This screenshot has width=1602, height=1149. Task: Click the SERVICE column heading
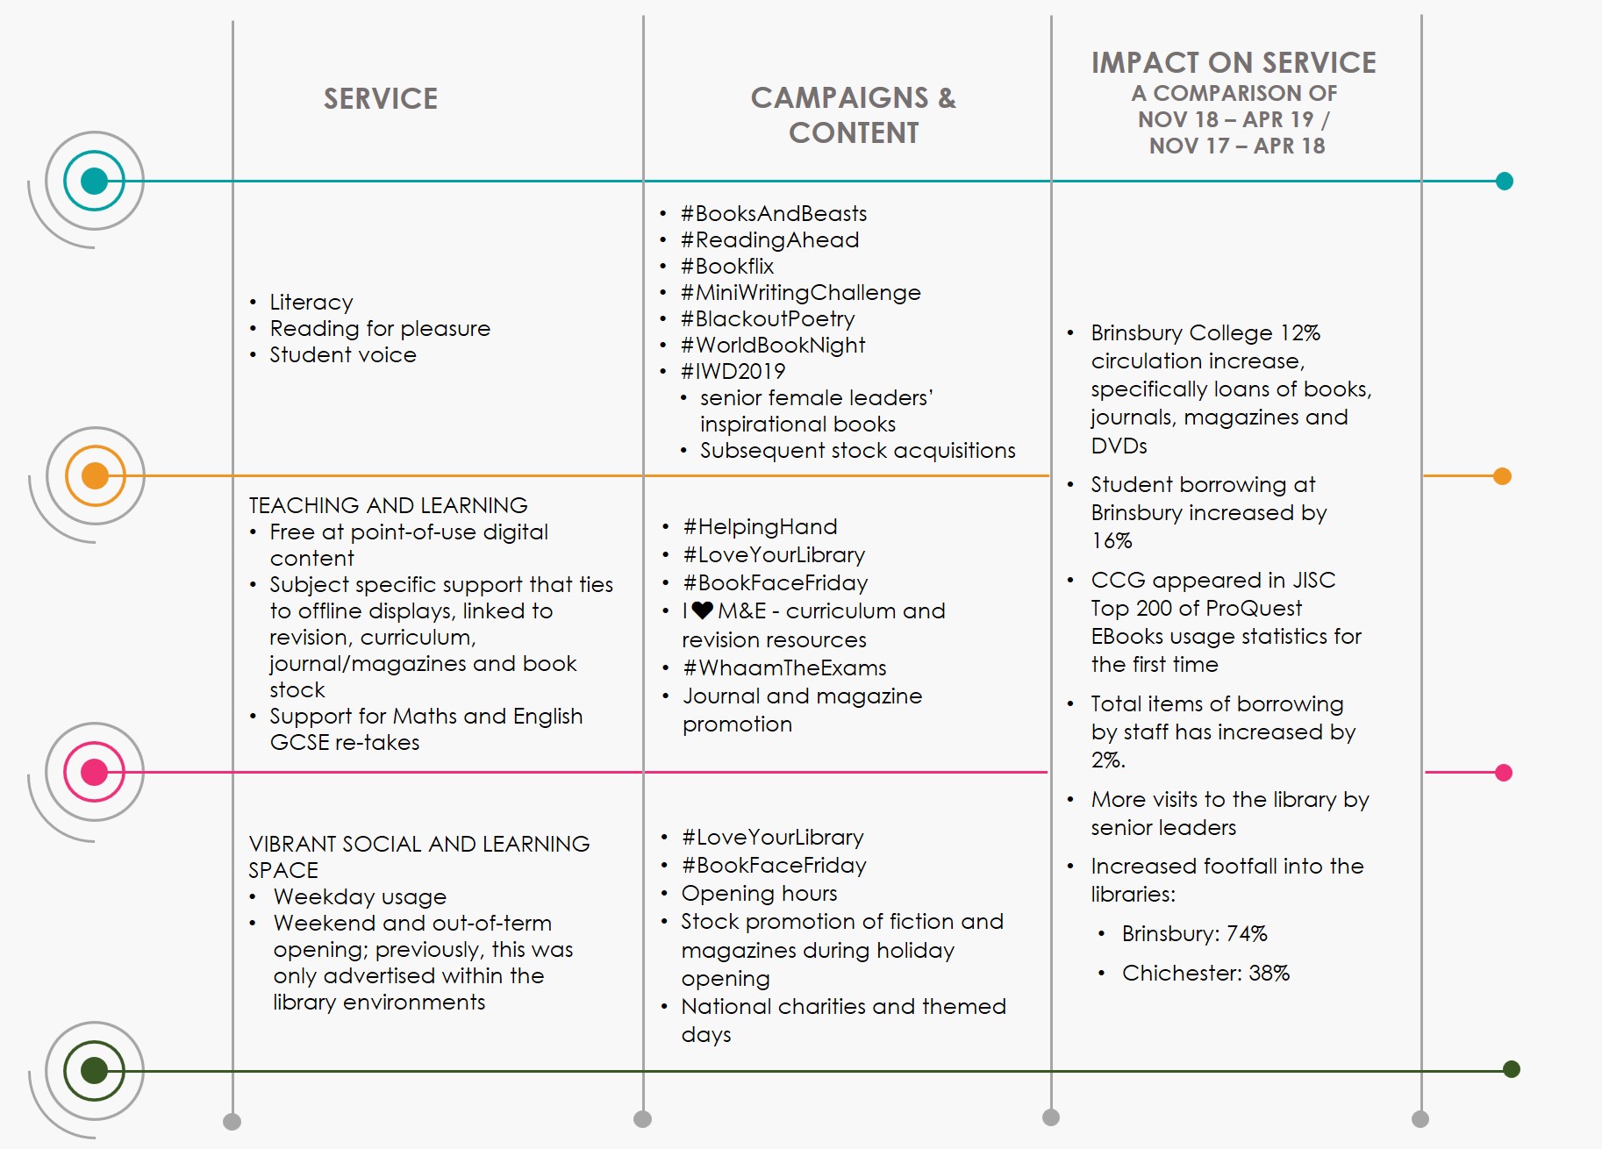point(380,98)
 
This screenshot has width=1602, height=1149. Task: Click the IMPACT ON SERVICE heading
point(1233,63)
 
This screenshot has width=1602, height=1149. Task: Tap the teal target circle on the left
point(94,182)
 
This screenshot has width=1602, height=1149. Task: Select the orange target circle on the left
point(95,475)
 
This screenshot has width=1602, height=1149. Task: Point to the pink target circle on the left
point(94,772)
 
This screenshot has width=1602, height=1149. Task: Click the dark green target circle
point(94,1070)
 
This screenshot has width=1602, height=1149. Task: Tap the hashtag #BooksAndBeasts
point(773,214)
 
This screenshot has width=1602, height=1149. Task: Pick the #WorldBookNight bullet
point(772,346)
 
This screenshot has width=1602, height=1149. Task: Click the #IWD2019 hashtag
point(733,372)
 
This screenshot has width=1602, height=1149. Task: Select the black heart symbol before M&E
point(702,610)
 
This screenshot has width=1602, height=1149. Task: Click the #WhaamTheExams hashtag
point(784,668)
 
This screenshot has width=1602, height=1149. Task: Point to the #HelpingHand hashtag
point(760,527)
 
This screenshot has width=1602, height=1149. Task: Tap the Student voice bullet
point(342,355)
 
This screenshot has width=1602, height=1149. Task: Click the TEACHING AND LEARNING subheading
point(388,505)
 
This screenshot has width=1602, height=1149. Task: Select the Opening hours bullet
point(759,894)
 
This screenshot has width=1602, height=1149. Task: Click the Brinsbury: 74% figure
point(1194,934)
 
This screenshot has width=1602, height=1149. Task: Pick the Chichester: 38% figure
point(1205,974)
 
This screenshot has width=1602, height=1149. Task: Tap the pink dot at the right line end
point(1503,773)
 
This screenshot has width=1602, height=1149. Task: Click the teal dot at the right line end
point(1504,182)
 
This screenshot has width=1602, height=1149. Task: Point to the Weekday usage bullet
point(360,897)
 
